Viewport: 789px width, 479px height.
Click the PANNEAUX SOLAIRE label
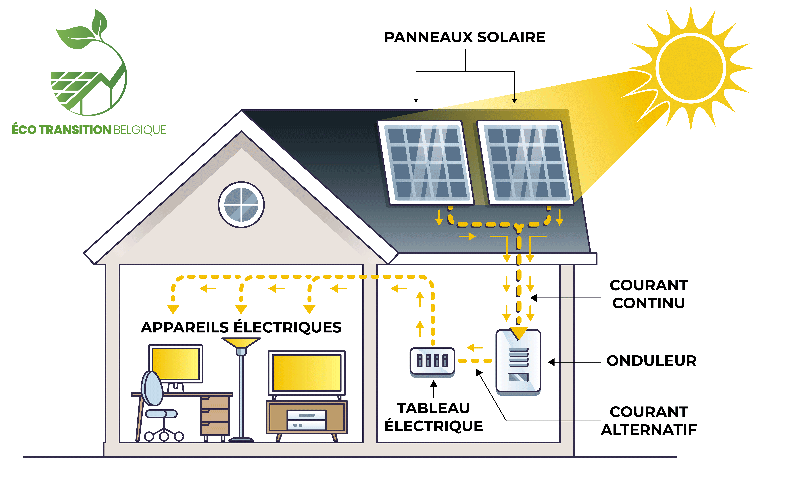point(465,37)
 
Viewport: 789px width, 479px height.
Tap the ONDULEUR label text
point(651,361)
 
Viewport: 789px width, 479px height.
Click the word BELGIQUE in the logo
point(140,130)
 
